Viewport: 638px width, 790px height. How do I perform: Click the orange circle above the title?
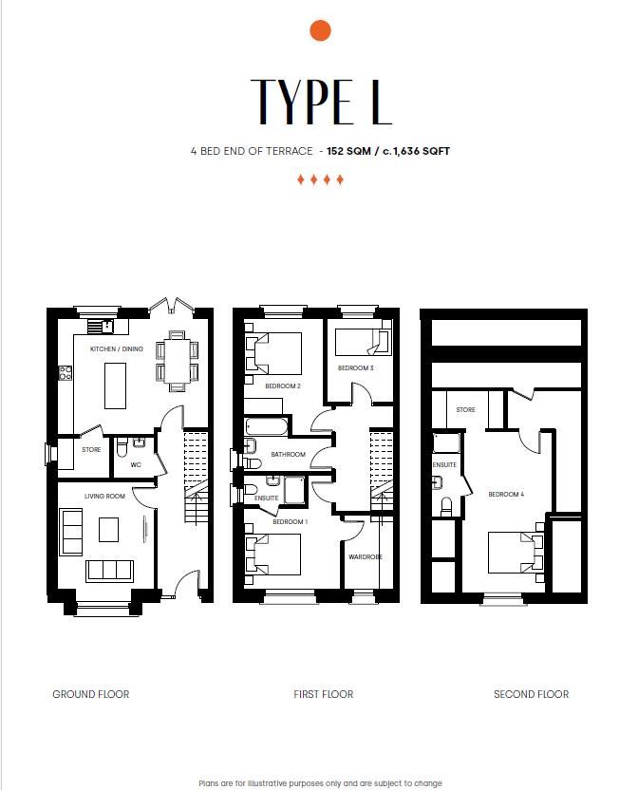[320, 30]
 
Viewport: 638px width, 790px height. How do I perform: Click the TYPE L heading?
[321, 102]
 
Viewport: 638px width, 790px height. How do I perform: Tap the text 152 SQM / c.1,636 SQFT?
[388, 151]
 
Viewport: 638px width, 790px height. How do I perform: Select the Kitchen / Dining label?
[117, 348]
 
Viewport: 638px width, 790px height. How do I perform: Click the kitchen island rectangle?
[115, 386]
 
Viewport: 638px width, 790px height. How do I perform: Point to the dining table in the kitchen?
[177, 361]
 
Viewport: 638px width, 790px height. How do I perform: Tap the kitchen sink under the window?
[107, 327]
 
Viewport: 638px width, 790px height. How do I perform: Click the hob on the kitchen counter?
[65, 373]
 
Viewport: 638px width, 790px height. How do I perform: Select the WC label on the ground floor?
[136, 464]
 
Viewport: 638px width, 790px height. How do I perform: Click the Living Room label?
[104, 497]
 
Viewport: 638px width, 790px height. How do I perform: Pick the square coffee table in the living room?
[108, 530]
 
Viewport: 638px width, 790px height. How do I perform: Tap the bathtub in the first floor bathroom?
[266, 426]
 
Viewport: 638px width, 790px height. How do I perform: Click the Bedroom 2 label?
[283, 386]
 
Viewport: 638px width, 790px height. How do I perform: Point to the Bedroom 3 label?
[355, 367]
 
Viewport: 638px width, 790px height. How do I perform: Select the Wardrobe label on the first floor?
[366, 556]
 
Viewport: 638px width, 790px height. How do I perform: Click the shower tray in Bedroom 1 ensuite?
[293, 490]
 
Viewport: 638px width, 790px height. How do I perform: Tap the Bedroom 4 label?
[506, 495]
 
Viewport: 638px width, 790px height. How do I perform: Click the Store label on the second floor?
[465, 409]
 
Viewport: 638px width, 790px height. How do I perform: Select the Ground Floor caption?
[91, 694]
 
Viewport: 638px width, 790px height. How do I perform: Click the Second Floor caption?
[531, 694]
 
